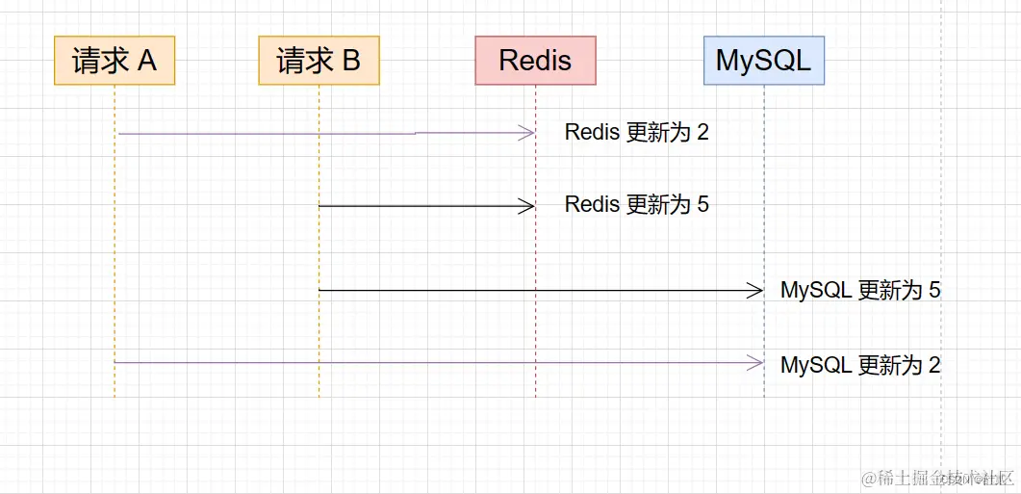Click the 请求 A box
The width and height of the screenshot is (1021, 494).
click(115, 61)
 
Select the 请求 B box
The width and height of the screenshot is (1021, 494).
click(319, 61)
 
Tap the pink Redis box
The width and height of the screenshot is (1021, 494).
click(535, 61)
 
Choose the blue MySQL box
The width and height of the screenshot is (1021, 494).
click(764, 61)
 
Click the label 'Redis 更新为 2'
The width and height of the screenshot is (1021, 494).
click(637, 132)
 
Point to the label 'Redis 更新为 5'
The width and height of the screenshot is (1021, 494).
click(637, 205)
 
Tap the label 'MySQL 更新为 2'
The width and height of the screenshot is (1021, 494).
click(861, 364)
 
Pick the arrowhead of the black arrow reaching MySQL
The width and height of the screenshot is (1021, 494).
click(755, 291)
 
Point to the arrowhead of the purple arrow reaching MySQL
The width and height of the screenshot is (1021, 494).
click(755, 363)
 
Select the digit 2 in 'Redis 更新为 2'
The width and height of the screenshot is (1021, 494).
click(702, 133)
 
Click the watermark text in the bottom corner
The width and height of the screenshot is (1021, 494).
click(937, 479)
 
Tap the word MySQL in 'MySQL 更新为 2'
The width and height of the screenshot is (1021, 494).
click(817, 364)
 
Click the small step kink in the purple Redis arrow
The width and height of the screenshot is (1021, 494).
click(416, 133)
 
